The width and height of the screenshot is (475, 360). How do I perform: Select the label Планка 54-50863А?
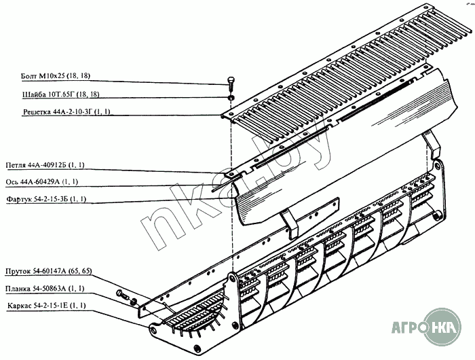[x=45, y=289]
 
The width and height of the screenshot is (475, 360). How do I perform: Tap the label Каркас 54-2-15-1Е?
[x=45, y=306]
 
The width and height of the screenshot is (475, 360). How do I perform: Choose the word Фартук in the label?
[x=20, y=200]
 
